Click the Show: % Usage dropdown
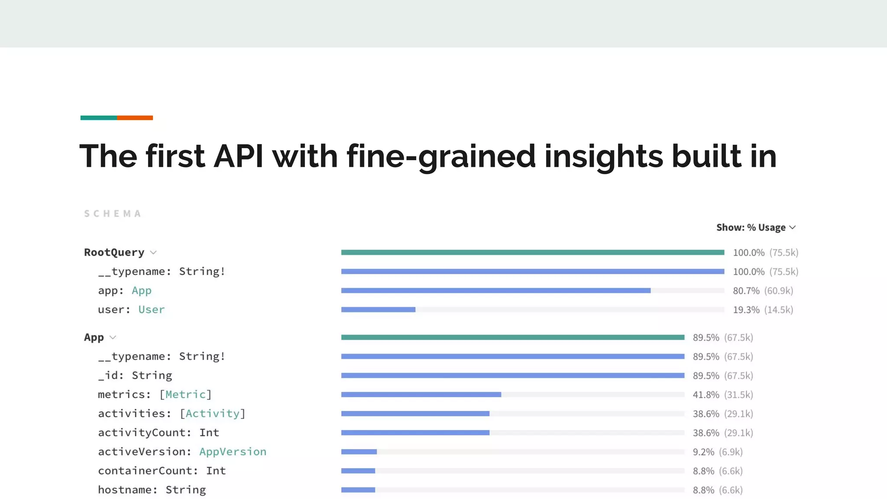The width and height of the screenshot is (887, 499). tap(756, 227)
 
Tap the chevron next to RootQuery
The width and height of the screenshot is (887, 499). tap(153, 253)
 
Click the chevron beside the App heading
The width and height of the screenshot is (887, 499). tap(113, 337)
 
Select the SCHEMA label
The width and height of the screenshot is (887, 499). tap(113, 214)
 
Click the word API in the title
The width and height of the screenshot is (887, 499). tap(239, 156)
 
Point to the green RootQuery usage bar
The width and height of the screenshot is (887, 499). tap(532, 253)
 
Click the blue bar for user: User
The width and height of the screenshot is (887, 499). tap(378, 310)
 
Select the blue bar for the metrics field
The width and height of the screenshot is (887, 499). tap(421, 395)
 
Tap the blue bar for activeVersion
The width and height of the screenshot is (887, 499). tap(359, 452)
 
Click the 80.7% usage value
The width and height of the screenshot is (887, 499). tap(746, 291)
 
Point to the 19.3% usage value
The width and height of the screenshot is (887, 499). tap(746, 310)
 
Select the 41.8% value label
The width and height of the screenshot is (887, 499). tap(706, 395)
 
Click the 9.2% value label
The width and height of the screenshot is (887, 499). tap(703, 452)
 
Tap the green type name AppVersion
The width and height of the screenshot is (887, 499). tap(233, 452)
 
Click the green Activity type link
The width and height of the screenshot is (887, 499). tap(212, 414)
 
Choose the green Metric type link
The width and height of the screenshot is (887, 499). tap(185, 395)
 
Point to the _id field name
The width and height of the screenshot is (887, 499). tap(108, 376)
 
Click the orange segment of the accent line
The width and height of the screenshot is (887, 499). tap(135, 118)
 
